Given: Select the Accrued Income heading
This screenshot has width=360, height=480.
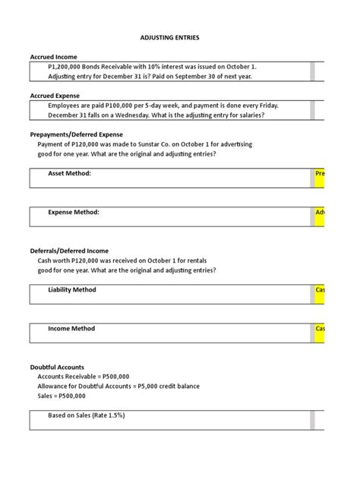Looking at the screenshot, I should coord(53,57).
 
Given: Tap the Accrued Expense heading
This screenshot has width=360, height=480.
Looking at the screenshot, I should coord(55,96).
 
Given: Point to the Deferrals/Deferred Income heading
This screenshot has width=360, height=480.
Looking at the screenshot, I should coord(69,251).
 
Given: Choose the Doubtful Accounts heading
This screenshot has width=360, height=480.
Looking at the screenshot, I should coord(57,368).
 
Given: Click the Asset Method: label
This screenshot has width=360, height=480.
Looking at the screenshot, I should coord(69,174).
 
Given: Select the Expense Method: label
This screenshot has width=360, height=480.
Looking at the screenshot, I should coord(74,213).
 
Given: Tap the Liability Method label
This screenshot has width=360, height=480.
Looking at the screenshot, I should coord(72,290).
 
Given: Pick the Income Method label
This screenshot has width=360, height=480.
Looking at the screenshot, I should coord(71,329).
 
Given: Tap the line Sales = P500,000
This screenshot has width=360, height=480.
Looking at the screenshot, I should coord(62,396).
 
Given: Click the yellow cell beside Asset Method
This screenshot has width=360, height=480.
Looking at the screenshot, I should coord(320,174).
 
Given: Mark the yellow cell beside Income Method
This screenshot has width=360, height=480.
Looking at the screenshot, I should coord(320,329).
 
